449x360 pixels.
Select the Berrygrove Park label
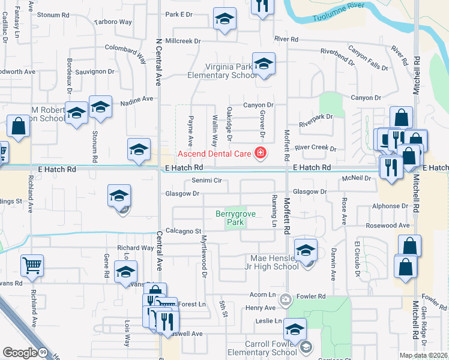(231, 218)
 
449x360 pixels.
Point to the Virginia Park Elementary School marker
(264, 65)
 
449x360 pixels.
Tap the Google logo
(20, 353)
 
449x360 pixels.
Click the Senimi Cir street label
(206, 180)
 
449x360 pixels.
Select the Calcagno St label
(182, 230)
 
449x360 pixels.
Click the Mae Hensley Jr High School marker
(306, 250)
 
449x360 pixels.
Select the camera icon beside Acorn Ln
(286, 299)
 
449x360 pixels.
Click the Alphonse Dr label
(390, 206)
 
